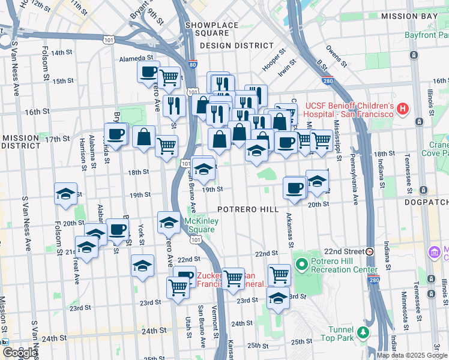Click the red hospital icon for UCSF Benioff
click(403, 109)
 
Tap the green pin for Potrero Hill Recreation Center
click(301, 263)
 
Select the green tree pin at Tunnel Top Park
click(362, 332)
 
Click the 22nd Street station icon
click(370, 251)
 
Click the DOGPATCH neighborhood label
click(430, 203)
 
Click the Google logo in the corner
click(19, 353)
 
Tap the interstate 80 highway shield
click(192, 64)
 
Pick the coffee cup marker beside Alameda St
click(148, 73)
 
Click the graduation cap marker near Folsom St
click(65, 194)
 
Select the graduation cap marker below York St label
click(142, 266)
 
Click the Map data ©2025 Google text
click(412, 355)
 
